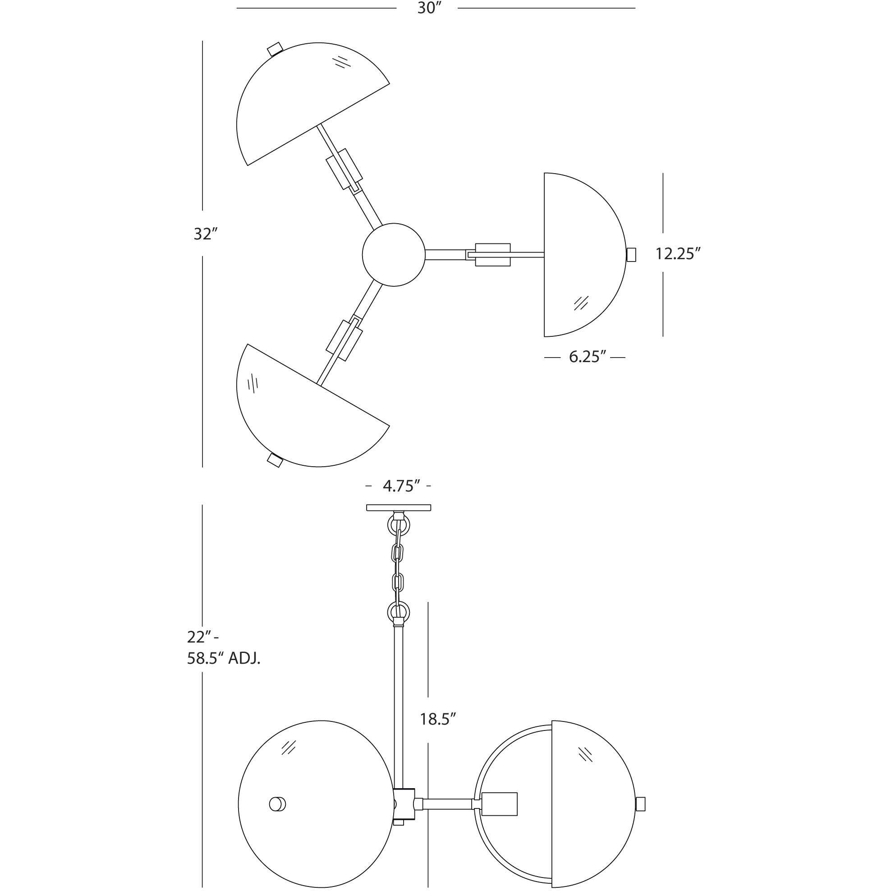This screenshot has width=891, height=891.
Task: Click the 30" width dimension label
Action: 427,8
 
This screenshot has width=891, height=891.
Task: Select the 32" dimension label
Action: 205,234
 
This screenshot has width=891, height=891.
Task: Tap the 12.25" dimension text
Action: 678,254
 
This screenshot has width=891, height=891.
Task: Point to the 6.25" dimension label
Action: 587,357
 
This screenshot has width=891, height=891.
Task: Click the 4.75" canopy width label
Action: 401,486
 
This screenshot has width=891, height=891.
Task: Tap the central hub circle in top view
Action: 393,255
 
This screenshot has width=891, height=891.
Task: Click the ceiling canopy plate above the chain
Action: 399,508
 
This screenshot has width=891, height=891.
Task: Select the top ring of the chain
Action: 399,524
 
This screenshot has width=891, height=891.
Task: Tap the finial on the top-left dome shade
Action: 275,49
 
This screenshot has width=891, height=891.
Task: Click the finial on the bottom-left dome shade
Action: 275,460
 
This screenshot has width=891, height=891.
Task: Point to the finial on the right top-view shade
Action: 631,255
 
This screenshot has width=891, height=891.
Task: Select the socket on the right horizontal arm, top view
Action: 492,255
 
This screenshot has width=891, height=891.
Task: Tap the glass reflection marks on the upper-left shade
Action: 342,62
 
